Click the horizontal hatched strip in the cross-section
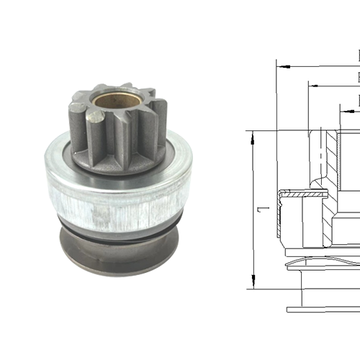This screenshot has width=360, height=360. click(302, 192)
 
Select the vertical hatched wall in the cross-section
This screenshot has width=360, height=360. click(332, 155)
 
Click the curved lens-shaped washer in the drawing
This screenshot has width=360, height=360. click(324, 260)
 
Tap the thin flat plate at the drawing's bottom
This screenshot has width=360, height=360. click(324, 310)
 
